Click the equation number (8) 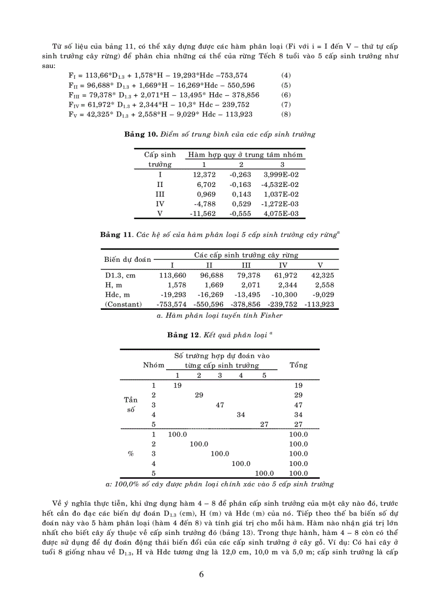click(x=286, y=114)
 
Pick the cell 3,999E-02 click(x=281, y=175)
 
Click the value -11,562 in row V click(x=203, y=213)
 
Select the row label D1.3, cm click(x=120, y=275)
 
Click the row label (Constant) click(x=123, y=304)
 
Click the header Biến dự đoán click(x=128, y=259)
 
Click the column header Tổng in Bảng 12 click(x=298, y=365)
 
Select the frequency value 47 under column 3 click(x=219, y=405)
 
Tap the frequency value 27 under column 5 click(x=264, y=424)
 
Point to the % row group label click(x=130, y=454)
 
